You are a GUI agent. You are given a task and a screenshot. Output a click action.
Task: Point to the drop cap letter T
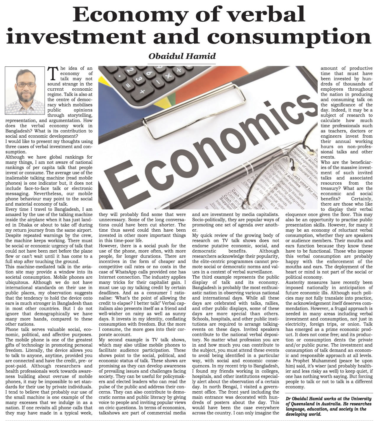(52, 73)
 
